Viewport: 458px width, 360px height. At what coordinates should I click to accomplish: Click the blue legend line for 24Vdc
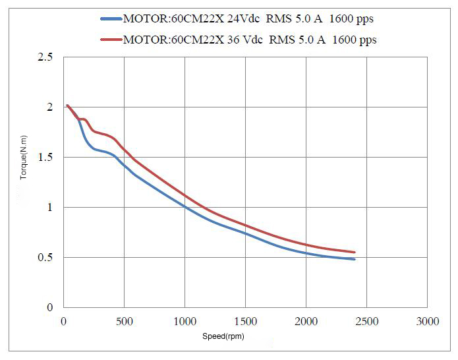click(111, 19)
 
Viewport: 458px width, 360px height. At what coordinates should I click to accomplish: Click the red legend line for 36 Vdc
click(111, 40)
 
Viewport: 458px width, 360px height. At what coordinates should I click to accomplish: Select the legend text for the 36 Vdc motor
click(250, 40)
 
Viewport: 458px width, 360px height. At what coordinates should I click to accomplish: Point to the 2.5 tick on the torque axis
click(45, 57)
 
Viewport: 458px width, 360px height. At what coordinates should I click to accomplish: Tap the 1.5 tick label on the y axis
click(45, 158)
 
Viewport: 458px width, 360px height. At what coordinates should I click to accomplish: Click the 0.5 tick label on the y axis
click(45, 258)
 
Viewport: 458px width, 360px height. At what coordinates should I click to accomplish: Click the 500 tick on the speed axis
click(124, 321)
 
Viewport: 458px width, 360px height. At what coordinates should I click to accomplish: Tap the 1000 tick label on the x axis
click(185, 321)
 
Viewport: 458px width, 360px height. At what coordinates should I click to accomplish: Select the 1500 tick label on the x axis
click(245, 321)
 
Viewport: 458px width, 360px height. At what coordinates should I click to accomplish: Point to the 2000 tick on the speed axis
click(306, 321)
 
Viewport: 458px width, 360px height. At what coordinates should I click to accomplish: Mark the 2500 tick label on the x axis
click(366, 321)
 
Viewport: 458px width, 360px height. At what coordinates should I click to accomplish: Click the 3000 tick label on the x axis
click(427, 321)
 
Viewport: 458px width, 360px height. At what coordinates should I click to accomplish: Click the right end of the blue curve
click(355, 259)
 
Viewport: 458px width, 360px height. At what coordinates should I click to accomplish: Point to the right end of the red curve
click(355, 252)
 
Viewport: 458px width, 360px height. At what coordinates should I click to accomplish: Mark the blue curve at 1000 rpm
click(185, 206)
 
